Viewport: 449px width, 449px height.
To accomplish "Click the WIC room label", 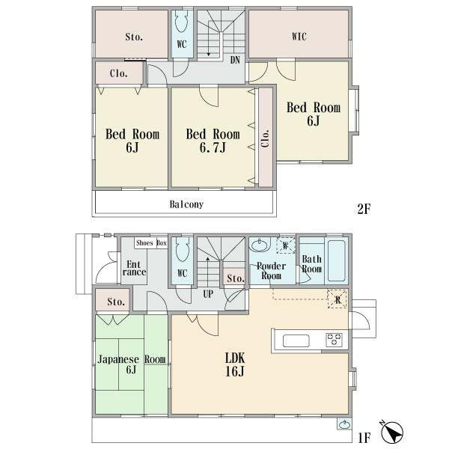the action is coord(299,37).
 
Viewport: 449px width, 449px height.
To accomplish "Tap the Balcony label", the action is coord(186,204).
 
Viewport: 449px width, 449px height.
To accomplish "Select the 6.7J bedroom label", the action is coord(213,141).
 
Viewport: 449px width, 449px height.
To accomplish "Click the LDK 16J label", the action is coord(235,364).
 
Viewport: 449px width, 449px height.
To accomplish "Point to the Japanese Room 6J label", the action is coord(132,364).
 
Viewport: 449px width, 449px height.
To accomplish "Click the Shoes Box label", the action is coord(151,243).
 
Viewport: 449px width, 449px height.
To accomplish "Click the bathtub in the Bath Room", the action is coord(336,260).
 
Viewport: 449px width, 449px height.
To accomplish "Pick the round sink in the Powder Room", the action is coord(260,245).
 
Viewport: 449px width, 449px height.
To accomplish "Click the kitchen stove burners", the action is coord(335,340).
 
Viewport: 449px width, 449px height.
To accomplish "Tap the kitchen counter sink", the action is coord(296,340).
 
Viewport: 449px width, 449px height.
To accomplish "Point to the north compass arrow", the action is coord(391,431).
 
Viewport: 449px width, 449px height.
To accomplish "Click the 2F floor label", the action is coord(364,209).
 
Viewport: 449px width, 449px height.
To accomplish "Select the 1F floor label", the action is coord(364,438).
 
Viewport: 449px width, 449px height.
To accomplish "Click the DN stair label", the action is coord(235,60).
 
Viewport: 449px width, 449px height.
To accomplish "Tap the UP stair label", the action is coord(208,294).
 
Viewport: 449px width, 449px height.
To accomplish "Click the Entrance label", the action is coord(134,268).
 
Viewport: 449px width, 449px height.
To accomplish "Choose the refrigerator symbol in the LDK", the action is coord(337,299).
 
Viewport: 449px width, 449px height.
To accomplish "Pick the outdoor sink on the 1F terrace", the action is coord(344,424).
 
